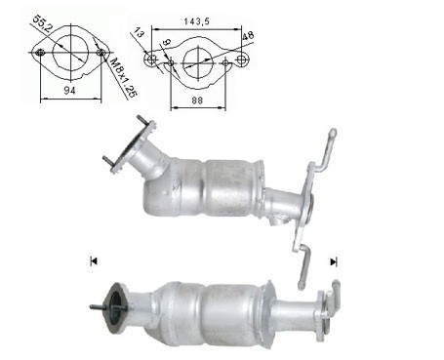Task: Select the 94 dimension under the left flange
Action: pos(69,91)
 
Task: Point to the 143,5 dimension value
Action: pos(197,21)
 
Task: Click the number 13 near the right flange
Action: pos(139,33)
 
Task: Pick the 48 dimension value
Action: pos(248,35)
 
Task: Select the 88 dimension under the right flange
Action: pos(197,100)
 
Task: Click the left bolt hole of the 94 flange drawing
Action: pos(41,53)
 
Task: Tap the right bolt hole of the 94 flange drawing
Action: pos(101,53)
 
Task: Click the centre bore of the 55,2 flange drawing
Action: pos(70,52)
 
